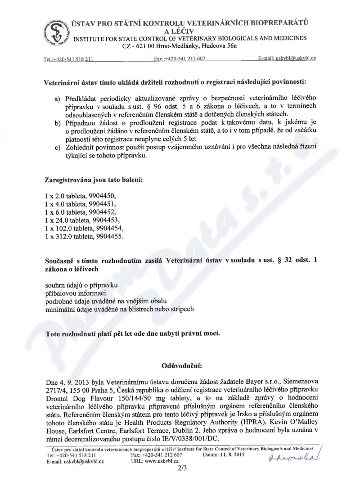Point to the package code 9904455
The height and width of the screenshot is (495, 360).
pos(106,237)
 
